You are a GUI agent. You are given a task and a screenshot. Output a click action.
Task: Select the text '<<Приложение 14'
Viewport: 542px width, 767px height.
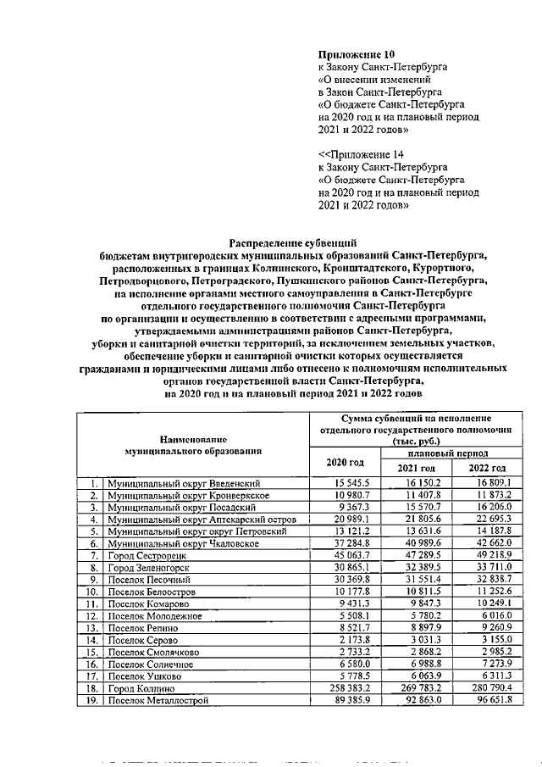click(x=361, y=155)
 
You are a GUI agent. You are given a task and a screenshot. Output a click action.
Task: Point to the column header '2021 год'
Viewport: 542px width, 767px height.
click(x=416, y=469)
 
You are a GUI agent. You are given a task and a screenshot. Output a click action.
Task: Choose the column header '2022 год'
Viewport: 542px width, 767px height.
click(x=488, y=469)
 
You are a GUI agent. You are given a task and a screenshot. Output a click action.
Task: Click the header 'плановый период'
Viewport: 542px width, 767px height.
click(x=452, y=454)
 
